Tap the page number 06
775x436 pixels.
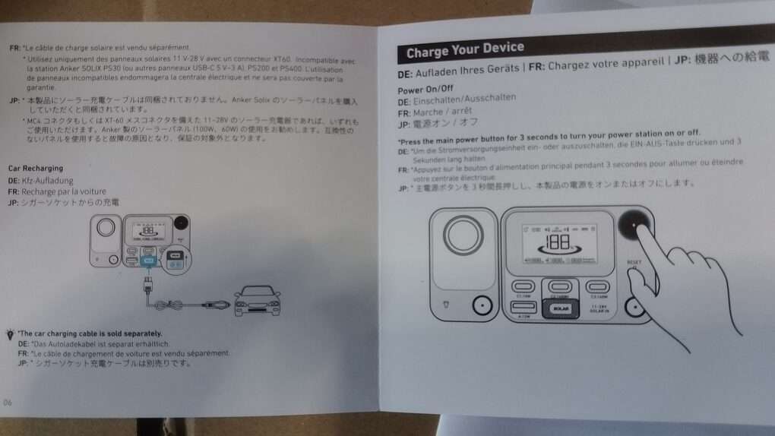point(8,402)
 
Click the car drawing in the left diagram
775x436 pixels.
point(257,301)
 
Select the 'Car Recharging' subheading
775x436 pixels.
point(36,168)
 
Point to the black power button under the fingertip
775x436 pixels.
point(635,226)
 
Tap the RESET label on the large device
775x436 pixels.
point(634,263)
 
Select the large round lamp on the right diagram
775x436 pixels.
point(463,236)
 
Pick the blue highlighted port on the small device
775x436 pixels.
point(149,261)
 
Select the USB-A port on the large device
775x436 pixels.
point(525,307)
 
